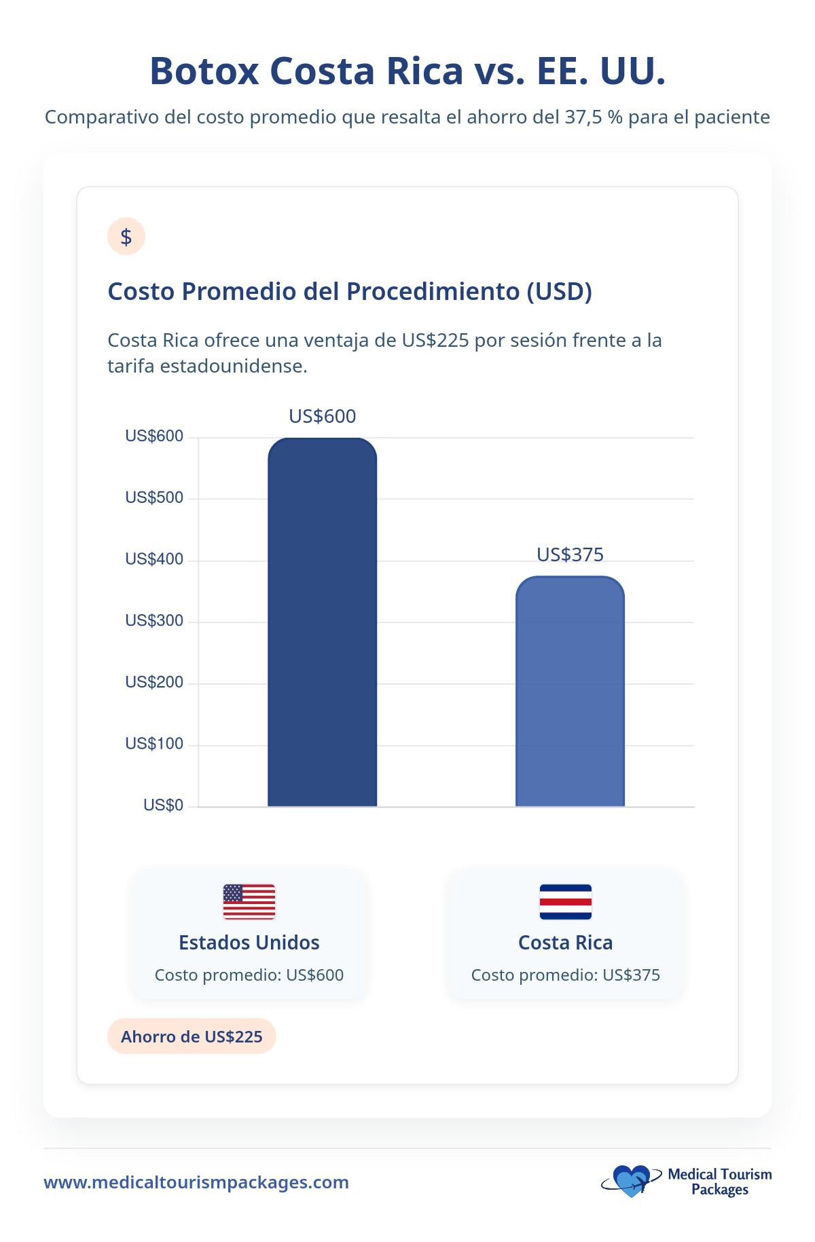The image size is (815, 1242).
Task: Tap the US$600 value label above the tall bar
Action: pos(322,416)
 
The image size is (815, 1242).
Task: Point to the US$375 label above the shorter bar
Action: pos(570,554)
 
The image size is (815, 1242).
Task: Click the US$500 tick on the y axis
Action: pos(154,497)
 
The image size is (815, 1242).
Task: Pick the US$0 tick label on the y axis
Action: pos(163,805)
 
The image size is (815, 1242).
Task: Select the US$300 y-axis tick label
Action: pos(154,620)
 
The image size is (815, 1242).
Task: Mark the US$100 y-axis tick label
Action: pos(154,743)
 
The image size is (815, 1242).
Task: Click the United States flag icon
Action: pos(249,901)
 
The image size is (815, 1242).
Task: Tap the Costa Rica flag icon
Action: pos(565,901)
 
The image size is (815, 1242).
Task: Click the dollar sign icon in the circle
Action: pos(126,236)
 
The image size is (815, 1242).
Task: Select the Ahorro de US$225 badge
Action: pos(192,1036)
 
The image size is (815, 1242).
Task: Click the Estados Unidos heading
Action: pos(249,943)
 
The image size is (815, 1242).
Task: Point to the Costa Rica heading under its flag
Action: pos(565,943)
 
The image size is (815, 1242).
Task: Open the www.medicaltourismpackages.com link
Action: pos(196,1182)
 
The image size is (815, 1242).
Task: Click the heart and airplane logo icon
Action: pos(631,1181)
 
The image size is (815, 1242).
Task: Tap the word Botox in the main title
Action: pos(204,71)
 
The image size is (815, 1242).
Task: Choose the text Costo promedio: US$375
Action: pos(565,975)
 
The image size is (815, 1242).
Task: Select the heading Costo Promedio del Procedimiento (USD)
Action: pos(350,291)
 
